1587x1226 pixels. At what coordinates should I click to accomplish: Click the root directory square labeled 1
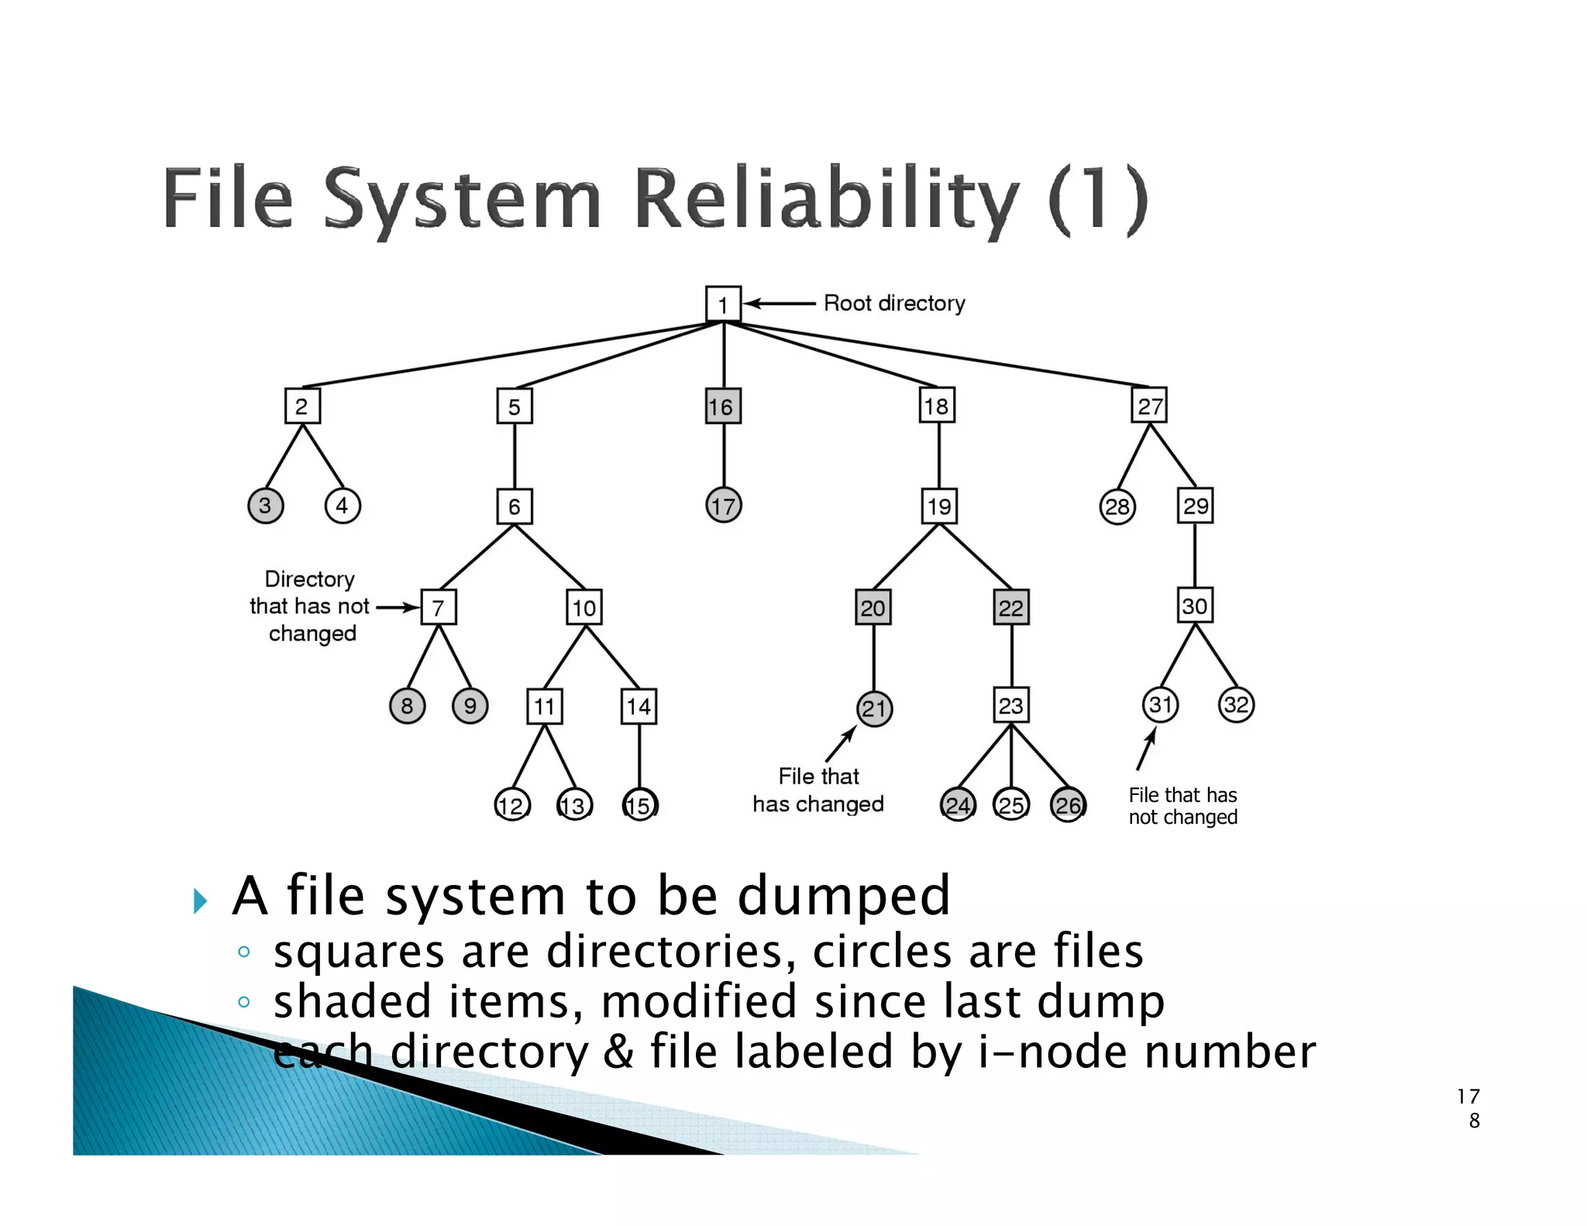click(x=723, y=304)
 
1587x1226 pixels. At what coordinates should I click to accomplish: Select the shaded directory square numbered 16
click(x=722, y=406)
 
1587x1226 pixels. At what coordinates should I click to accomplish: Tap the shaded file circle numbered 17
click(x=723, y=506)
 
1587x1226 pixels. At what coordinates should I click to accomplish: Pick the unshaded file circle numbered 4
click(x=343, y=506)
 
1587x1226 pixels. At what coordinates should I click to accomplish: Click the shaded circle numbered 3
click(x=265, y=506)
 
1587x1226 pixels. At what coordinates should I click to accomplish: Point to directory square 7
click(x=439, y=607)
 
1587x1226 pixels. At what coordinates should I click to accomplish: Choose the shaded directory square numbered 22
click(x=1011, y=608)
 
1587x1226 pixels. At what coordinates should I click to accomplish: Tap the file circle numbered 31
click(x=1160, y=705)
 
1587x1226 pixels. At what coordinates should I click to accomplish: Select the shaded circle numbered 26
click(x=1068, y=805)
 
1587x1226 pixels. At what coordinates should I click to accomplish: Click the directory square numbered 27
click(x=1150, y=406)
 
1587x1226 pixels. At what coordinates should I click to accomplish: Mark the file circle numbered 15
click(x=639, y=805)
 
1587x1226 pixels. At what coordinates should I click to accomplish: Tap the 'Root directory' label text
click(x=894, y=303)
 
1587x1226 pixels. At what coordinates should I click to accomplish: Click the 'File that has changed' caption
click(x=818, y=790)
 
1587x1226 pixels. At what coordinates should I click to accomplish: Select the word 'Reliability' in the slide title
click(x=826, y=198)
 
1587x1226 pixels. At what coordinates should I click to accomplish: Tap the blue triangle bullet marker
click(x=201, y=901)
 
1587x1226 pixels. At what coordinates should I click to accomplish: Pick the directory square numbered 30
click(x=1194, y=606)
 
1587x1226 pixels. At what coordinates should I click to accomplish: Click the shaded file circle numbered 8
click(x=407, y=706)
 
